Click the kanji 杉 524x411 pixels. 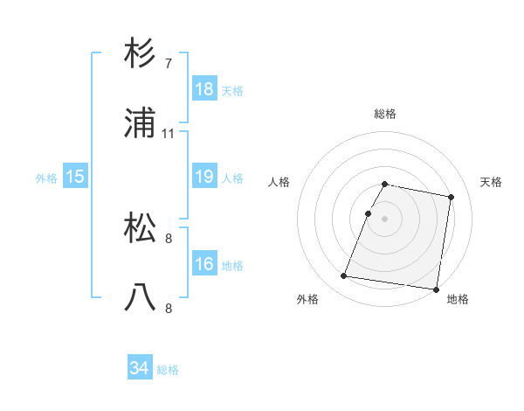(x=141, y=53)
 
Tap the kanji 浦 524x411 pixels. (x=141, y=124)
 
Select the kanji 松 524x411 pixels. (x=141, y=227)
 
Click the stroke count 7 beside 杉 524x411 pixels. (x=169, y=63)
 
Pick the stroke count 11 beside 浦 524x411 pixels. (x=169, y=134)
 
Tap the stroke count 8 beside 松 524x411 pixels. (x=169, y=237)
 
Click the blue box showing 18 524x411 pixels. (x=203, y=89)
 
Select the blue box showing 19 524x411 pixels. (x=203, y=177)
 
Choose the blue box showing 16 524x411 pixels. (x=203, y=264)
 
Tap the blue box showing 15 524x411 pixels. (x=75, y=177)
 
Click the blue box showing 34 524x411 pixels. (x=139, y=368)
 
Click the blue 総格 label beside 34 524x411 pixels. (x=168, y=370)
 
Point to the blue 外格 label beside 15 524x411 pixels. (x=46, y=178)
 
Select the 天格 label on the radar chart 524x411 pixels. (x=492, y=182)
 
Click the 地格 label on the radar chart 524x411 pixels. (x=458, y=299)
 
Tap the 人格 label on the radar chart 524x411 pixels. (x=279, y=182)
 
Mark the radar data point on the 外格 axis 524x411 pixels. (x=344, y=276)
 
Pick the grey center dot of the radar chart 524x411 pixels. (x=384, y=219)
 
